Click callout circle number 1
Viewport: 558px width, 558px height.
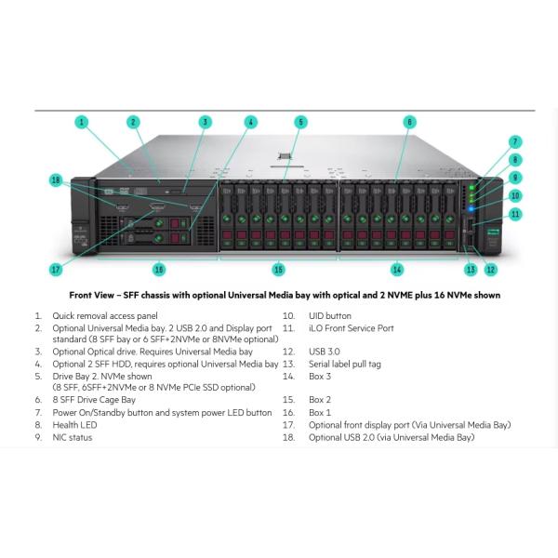[82, 122]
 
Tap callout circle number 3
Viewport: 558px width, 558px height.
[205, 122]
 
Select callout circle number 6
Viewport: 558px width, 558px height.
[409, 122]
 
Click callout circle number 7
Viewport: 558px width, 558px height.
[514, 142]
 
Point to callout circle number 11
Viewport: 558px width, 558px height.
[514, 214]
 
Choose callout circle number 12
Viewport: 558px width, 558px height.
[490, 270]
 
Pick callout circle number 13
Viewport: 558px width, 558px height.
[471, 270]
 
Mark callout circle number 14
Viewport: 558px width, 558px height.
[397, 270]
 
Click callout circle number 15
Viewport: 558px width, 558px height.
[278, 270]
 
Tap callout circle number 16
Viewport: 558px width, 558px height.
[159, 270]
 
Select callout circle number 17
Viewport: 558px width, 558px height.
[56, 270]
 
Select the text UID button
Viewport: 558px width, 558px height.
[330, 315]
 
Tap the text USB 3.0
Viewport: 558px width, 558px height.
[325, 352]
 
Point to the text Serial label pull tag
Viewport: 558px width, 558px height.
[345, 364]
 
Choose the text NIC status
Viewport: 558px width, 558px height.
[73, 436]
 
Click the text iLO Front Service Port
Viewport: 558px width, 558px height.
[352, 327]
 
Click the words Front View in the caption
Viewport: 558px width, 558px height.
[93, 294]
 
